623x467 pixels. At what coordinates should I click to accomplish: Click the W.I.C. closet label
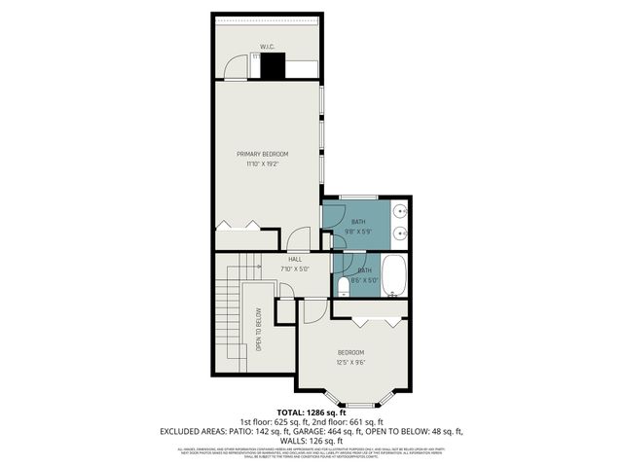(267, 46)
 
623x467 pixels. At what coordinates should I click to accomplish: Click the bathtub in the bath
(394, 276)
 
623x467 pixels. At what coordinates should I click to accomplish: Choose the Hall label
(294, 259)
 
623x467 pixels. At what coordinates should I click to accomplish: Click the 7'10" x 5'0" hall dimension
(294, 269)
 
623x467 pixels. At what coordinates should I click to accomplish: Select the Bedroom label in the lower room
(350, 352)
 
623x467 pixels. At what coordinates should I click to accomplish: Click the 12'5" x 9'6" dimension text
(350, 363)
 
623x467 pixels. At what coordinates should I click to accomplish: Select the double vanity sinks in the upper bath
(400, 222)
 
